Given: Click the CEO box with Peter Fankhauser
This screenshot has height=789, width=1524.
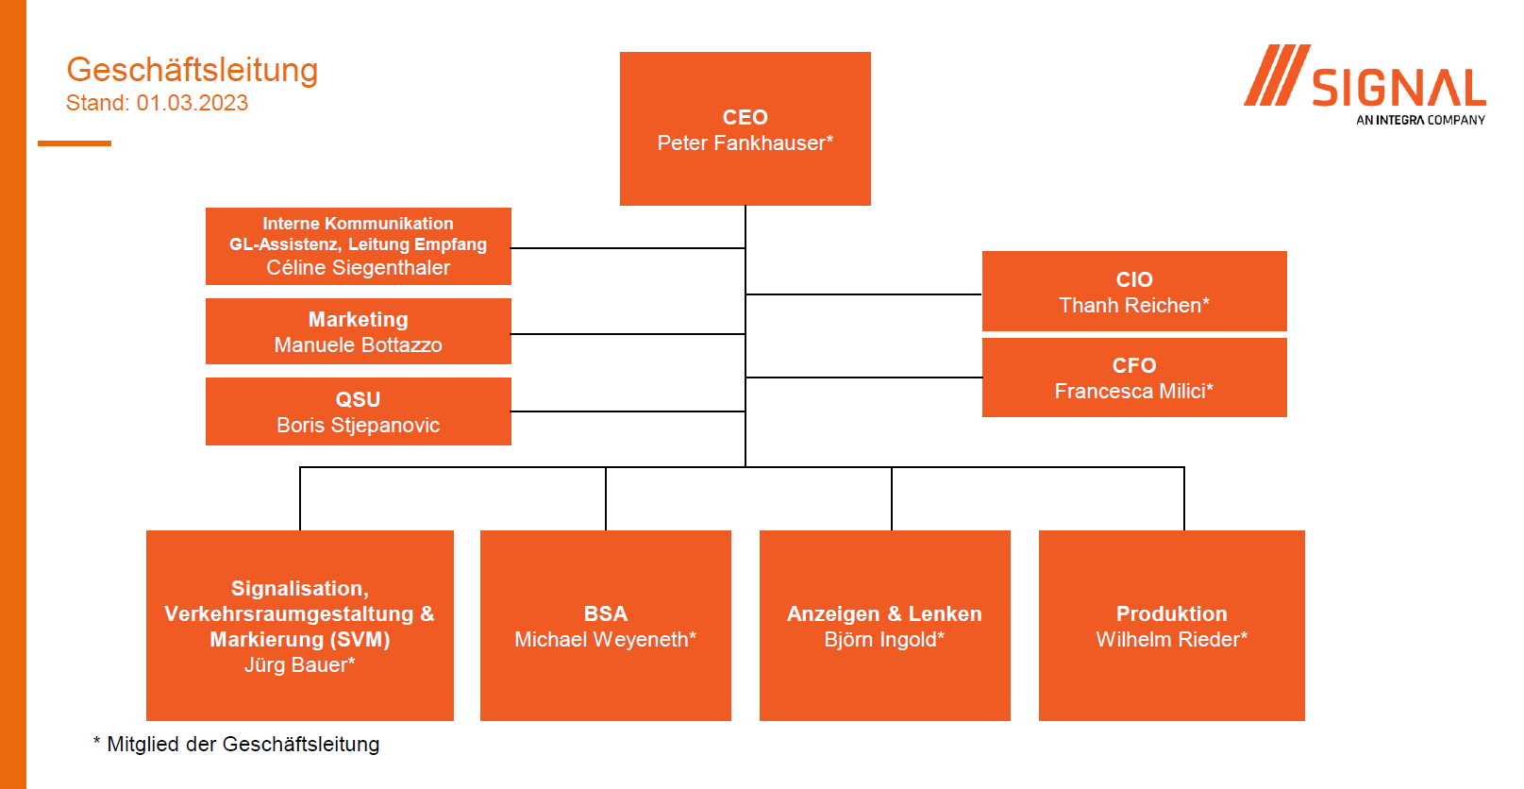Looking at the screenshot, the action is [745, 128].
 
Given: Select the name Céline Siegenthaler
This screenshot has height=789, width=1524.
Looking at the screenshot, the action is [358, 267].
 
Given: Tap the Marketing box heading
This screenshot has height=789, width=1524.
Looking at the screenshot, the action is [358, 319].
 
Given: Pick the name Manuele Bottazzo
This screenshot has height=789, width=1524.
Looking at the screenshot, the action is [358, 344].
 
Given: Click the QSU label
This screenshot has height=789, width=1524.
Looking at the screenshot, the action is [358, 399].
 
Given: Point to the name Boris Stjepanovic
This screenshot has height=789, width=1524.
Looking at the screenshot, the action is [358, 425].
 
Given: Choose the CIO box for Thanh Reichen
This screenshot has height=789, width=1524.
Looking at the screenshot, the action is [1134, 291].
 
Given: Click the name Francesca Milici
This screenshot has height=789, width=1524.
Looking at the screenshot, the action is [1134, 391].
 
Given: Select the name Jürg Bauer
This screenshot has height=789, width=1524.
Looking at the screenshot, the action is [299, 664].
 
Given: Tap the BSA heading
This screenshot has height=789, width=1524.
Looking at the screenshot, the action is [606, 613].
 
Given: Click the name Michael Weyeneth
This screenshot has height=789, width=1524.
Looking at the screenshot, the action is [606, 639].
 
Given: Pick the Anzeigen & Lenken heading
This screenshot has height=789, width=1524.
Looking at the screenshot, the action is [884, 613].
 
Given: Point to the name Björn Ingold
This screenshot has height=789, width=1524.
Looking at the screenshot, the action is [884, 639].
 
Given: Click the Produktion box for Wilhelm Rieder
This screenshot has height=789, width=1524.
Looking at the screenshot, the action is [1172, 626].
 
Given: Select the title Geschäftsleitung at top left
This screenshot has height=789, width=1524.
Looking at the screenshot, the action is [193, 70].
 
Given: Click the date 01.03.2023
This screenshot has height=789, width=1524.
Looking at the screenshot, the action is [193, 103].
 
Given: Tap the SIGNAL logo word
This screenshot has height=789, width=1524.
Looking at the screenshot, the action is [1398, 89].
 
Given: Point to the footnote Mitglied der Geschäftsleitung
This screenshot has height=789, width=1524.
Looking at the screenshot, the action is [243, 744].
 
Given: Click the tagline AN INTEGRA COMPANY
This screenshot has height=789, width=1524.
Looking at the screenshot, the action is [1420, 121].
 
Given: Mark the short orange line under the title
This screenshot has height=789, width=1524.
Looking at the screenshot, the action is [75, 143].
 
